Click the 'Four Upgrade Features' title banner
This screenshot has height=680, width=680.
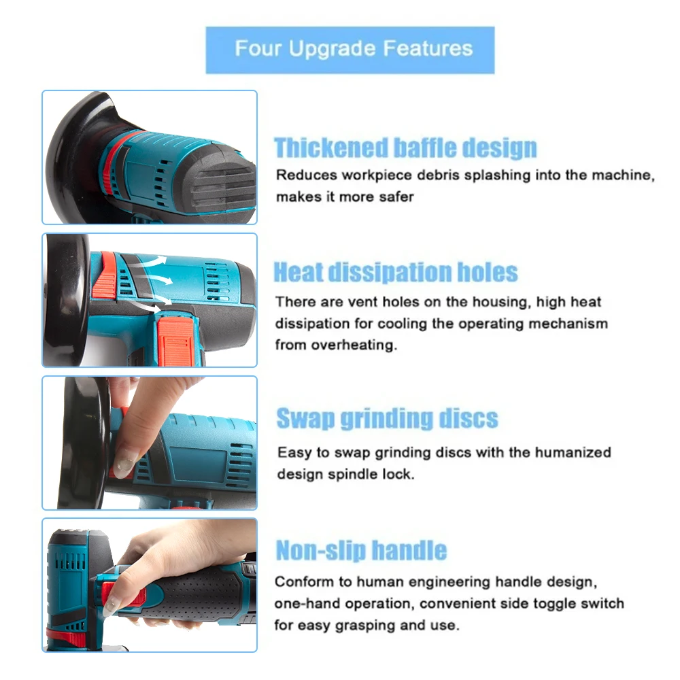[x=350, y=50]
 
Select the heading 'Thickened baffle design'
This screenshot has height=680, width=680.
[x=405, y=148]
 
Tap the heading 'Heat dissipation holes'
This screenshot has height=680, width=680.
[x=396, y=273]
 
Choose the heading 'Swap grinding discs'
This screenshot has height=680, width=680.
[x=387, y=418]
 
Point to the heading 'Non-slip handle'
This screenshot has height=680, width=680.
[x=361, y=550]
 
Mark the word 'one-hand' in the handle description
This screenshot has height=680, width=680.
[x=299, y=603]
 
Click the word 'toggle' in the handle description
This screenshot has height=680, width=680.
[x=551, y=603]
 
